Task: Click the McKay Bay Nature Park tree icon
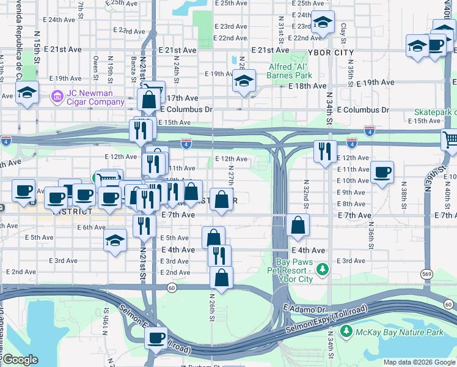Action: [x=346, y=331]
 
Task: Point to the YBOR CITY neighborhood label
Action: [x=332, y=53]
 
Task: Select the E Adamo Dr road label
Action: [x=305, y=310]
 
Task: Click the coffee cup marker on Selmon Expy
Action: [x=156, y=337]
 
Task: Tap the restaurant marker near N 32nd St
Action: [x=325, y=150]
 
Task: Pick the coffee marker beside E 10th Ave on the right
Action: [x=382, y=172]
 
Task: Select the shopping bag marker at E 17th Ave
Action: [x=150, y=98]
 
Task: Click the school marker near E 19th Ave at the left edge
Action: [x=27, y=93]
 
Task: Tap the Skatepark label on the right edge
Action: [x=435, y=113]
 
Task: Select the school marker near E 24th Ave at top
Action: [x=322, y=23]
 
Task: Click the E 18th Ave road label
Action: [x=307, y=86]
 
